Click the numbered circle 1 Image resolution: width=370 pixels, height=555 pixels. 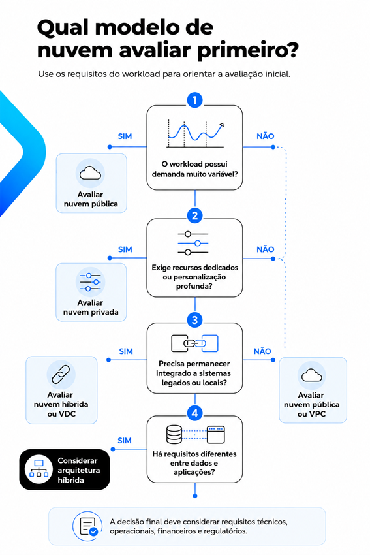194,100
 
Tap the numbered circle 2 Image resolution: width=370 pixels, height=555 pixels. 194,215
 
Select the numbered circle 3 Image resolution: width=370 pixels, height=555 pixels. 194,320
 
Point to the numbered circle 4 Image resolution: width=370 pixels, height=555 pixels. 194,413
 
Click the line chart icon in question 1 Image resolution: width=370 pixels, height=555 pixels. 195,133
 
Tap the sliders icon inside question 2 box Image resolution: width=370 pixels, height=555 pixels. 193,243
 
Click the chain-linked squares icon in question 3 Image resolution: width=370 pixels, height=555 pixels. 194,343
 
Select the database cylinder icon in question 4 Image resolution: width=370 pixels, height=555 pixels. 174,435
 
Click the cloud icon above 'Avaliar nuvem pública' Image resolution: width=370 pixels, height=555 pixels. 90,173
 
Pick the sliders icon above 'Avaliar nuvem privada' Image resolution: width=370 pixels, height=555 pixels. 90,282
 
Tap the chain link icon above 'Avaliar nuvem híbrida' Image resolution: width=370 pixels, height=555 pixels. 61,375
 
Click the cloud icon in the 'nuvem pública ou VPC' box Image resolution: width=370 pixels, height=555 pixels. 312,375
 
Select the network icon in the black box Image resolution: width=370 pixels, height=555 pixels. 39,469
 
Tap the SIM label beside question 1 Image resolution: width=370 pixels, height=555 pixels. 125,136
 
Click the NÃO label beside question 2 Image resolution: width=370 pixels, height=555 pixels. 266,249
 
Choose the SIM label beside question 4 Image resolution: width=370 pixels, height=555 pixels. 124,441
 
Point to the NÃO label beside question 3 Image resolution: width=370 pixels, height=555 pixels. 262,351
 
